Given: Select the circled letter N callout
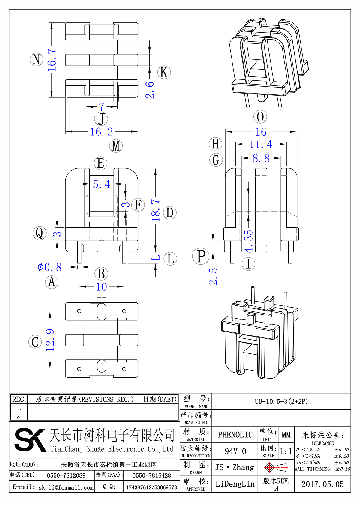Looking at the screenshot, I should (x=37, y=59).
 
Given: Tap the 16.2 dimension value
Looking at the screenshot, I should (x=102, y=132).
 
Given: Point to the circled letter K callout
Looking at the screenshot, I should (x=164, y=72).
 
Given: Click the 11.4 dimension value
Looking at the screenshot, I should (x=261, y=144).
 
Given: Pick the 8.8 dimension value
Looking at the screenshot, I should (x=261, y=158).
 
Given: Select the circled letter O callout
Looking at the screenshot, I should (x=260, y=117).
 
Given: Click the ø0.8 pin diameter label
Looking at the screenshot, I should (x=50, y=267).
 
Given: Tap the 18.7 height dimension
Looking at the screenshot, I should (x=156, y=210).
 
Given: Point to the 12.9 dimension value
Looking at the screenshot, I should (x=50, y=340).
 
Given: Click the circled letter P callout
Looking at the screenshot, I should (x=201, y=257).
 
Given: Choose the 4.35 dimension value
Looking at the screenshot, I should (x=249, y=241).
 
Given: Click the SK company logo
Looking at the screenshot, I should (x=30, y=440).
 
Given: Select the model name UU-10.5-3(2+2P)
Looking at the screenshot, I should (x=281, y=401).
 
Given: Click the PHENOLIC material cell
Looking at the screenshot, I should (x=235, y=435).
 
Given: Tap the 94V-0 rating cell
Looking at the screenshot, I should (x=235, y=451).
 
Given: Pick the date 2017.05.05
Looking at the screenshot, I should (x=322, y=484).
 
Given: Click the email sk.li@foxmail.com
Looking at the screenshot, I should (x=66, y=487).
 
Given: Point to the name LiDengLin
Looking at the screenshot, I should (x=235, y=484).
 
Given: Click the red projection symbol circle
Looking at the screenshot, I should (x=269, y=467).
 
